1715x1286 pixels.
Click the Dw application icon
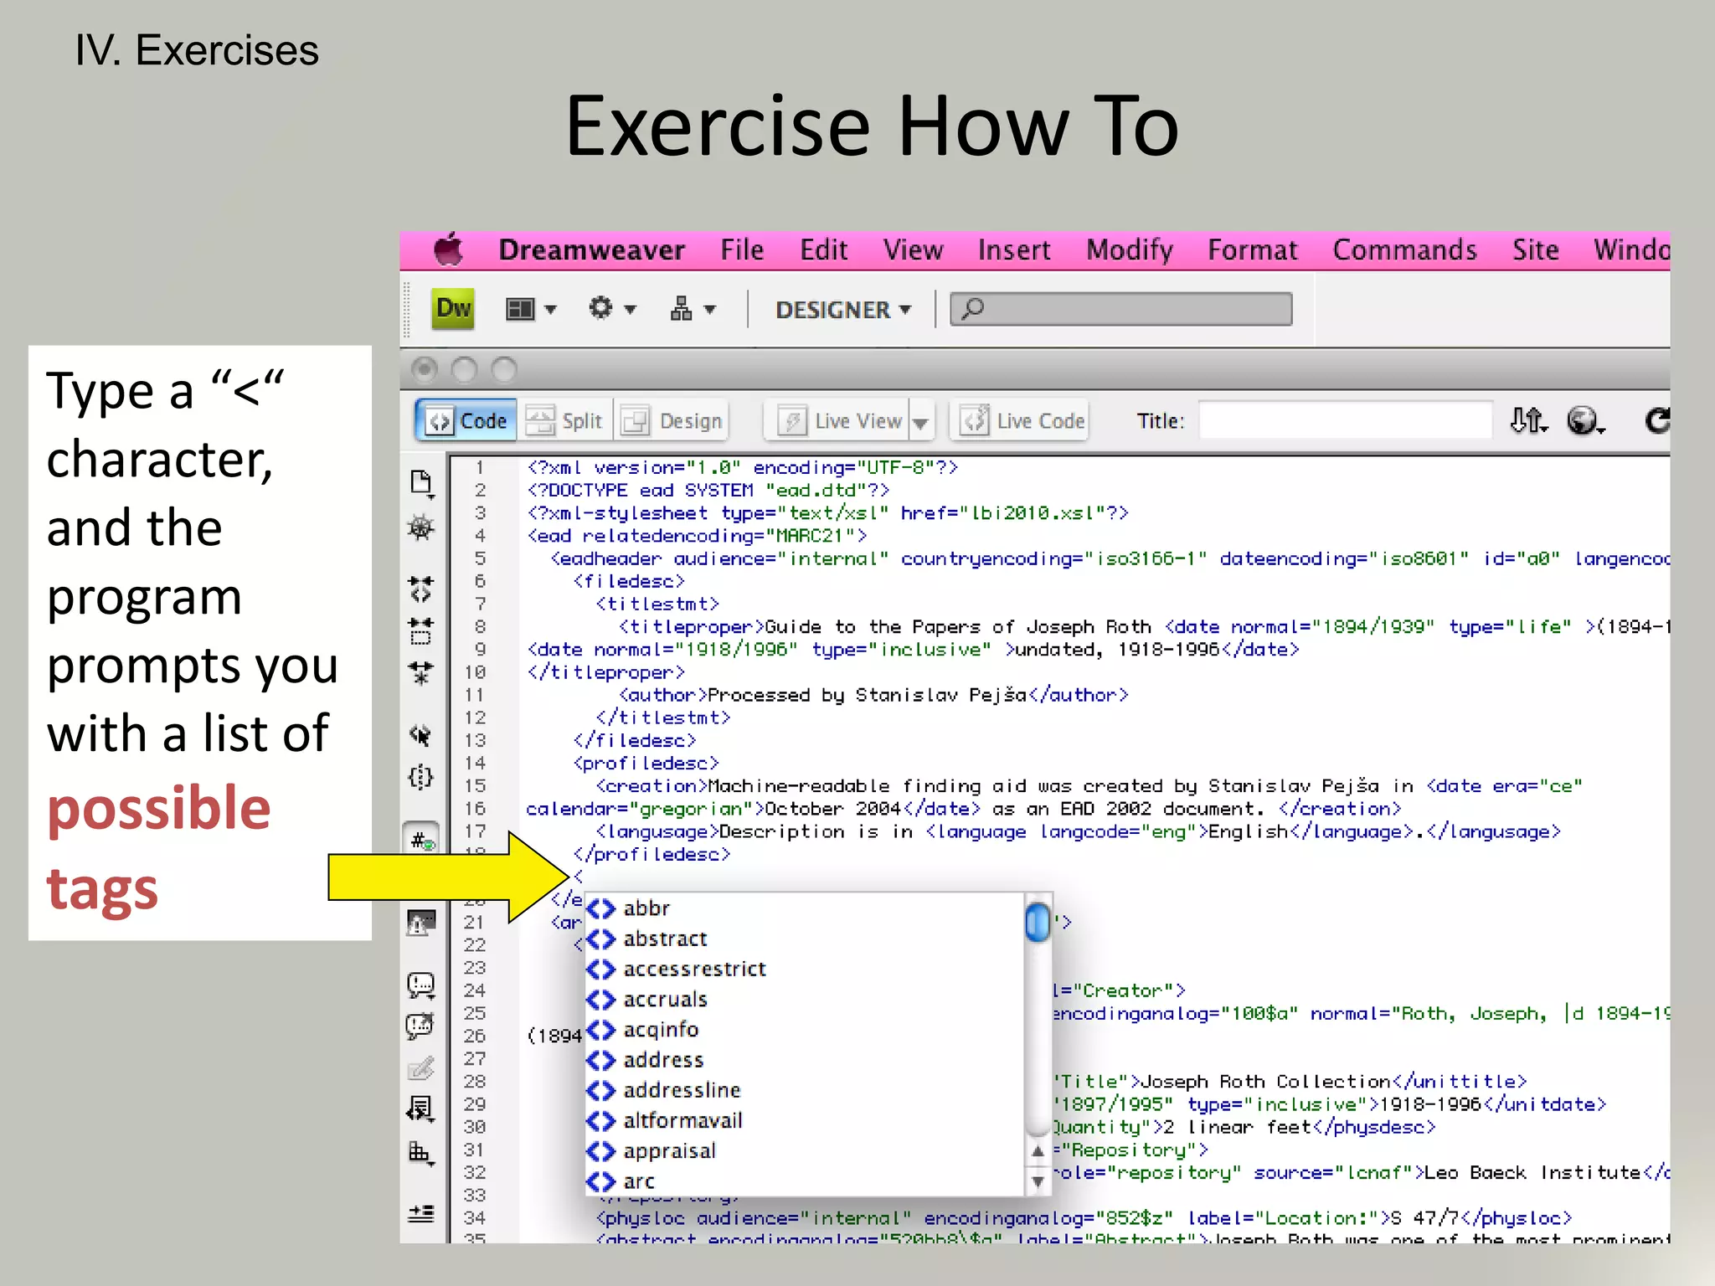tap(453, 309)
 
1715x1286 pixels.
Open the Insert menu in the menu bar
tap(1013, 250)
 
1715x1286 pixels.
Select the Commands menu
tap(1404, 250)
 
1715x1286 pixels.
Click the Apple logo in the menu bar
tap(448, 249)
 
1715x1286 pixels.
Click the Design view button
tap(673, 420)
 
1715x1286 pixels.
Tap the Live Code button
tap(1022, 420)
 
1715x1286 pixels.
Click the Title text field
tap(1345, 420)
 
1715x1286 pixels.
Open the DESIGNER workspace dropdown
tap(842, 310)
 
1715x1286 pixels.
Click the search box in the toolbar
tap(1122, 310)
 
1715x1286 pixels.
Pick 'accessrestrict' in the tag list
tap(694, 970)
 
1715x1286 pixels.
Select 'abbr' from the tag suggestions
tap(646, 908)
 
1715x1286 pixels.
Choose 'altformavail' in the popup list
tap(682, 1121)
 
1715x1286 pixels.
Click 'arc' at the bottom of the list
tap(638, 1182)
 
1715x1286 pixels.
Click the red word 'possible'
tap(159, 809)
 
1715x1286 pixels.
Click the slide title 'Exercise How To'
tap(872, 126)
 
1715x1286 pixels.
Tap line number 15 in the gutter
tap(475, 786)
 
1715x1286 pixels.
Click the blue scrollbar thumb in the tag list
tap(1038, 922)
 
